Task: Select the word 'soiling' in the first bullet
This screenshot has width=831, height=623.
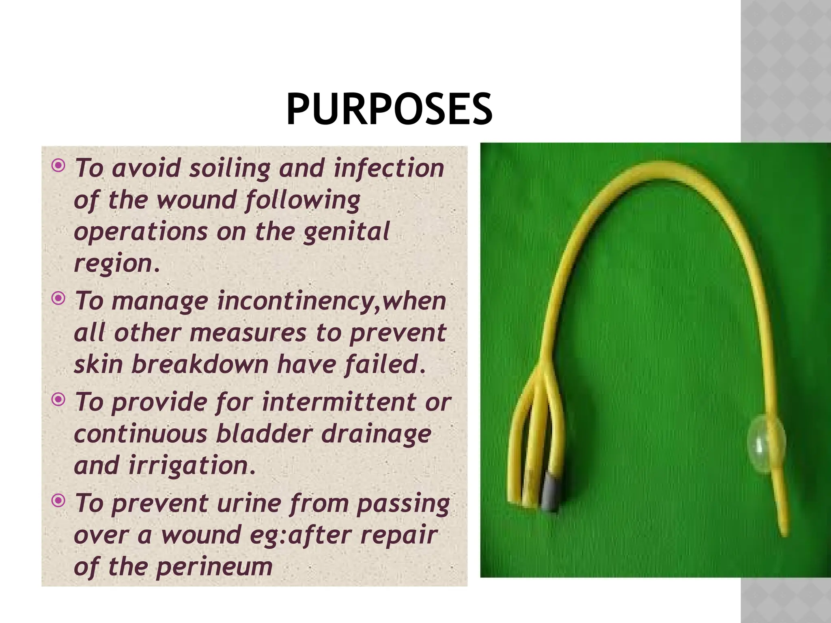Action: pyautogui.click(x=230, y=168)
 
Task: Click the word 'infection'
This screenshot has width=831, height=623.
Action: pyautogui.click(x=388, y=168)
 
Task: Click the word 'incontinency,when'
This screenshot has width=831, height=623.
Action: pyautogui.click(x=332, y=301)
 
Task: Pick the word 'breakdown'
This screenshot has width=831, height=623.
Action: pyautogui.click(x=200, y=364)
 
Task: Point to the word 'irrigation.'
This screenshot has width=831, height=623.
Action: pyautogui.click(x=192, y=465)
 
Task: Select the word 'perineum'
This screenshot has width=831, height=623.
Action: pyautogui.click(x=214, y=567)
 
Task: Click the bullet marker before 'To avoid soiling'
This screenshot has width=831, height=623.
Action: pyautogui.click(x=59, y=165)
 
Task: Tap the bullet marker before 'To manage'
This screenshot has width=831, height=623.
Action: pyautogui.click(x=59, y=299)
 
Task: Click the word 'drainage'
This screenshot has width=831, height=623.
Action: pyautogui.click(x=376, y=434)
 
